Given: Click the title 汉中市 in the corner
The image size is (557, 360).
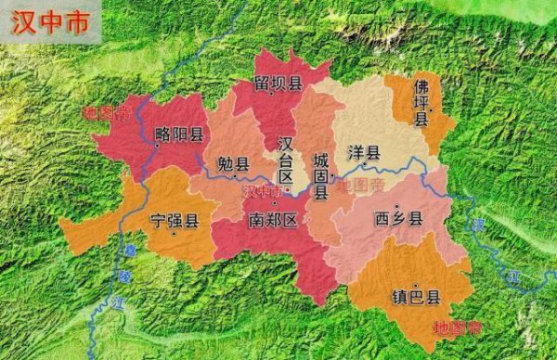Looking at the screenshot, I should (51, 23).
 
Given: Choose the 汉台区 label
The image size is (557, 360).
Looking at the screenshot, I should (286, 160).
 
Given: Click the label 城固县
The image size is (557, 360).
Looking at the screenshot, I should (320, 176).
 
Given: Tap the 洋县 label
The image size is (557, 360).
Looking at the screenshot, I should (364, 151).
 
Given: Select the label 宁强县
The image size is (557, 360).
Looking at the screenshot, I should (174, 221).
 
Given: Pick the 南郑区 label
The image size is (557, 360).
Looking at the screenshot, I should (272, 220).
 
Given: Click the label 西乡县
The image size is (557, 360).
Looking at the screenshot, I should (397, 219).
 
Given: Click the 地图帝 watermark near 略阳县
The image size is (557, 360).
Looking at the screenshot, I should (102, 113).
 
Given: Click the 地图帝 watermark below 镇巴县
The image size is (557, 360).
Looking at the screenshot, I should (459, 328).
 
